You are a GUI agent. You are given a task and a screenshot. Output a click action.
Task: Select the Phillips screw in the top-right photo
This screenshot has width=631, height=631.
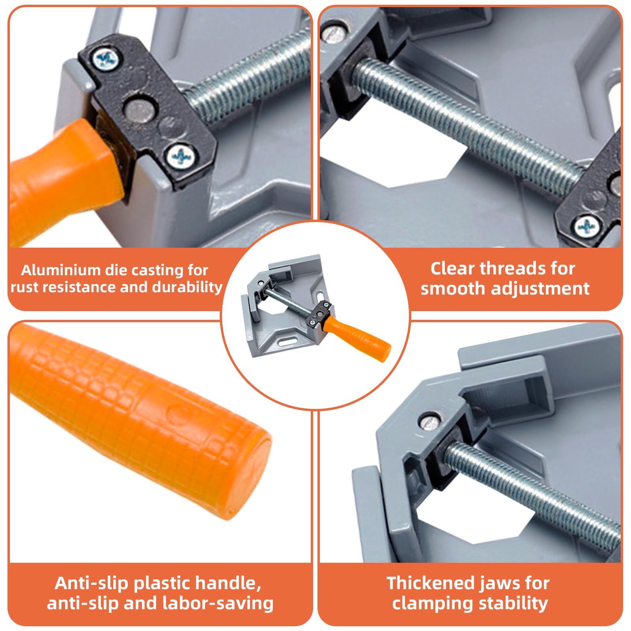click(587, 226)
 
